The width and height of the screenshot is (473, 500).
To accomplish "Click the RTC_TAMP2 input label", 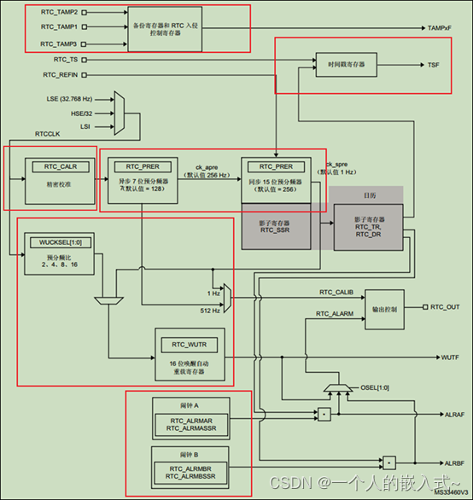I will (59, 14).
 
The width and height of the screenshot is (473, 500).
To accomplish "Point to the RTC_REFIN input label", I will (61, 75).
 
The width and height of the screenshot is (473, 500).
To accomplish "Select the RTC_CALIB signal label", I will (335, 294).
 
